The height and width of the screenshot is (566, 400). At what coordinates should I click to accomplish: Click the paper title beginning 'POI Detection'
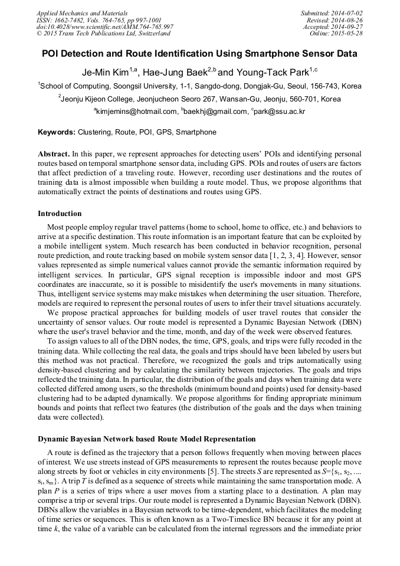(199, 54)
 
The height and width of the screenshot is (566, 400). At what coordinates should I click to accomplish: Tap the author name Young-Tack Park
(271, 72)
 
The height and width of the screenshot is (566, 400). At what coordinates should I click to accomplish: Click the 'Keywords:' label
(57, 132)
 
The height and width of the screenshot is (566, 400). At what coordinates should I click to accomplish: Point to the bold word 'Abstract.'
(54, 153)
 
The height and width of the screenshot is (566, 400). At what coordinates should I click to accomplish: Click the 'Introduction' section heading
(60, 214)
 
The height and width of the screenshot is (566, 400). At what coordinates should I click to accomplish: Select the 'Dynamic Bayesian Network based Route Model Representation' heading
(147, 439)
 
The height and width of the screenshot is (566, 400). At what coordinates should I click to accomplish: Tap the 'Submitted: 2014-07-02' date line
(332, 12)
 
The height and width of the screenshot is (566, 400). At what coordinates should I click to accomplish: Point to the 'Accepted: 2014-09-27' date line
(333, 27)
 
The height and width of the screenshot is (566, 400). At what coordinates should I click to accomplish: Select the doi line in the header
(104, 27)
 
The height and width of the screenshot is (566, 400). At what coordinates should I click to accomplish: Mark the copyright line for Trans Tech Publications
(99, 34)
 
